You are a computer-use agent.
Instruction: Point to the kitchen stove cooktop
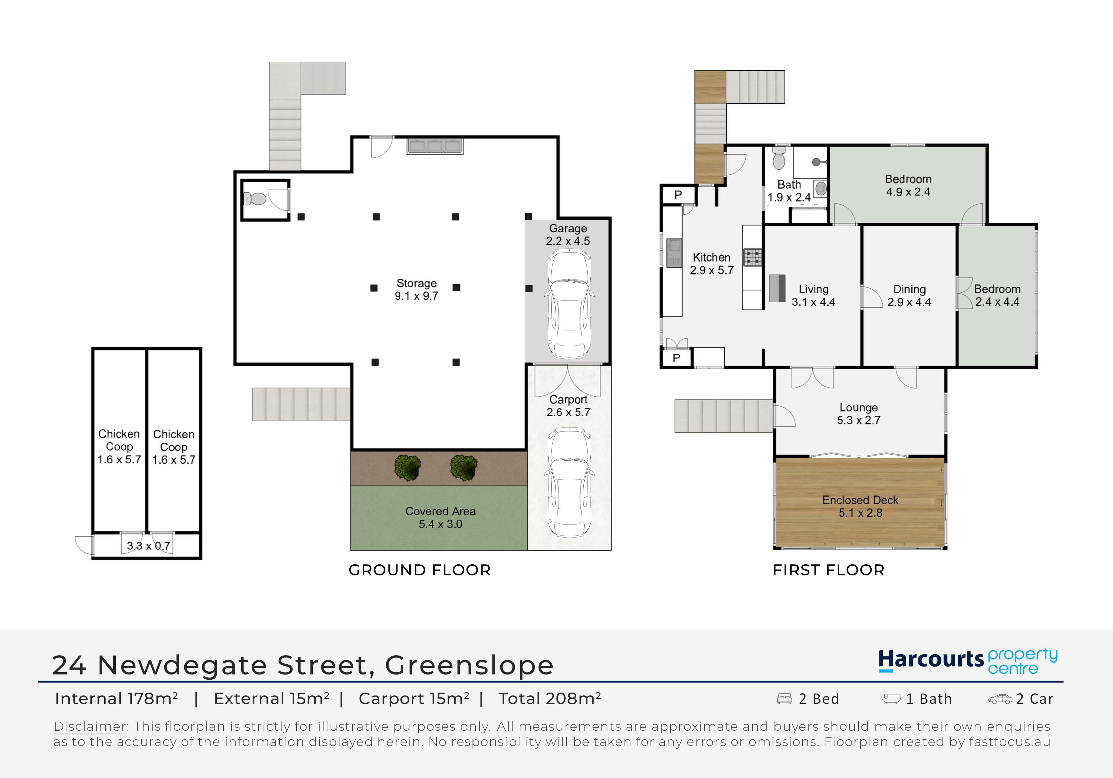[753, 257]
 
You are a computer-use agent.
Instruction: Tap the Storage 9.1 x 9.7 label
[416, 290]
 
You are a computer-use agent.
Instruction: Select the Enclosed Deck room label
[860, 506]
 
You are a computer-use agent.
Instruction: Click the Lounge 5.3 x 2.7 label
[859, 414]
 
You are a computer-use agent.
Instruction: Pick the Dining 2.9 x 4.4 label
[909, 296]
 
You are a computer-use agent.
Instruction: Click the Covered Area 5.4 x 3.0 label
[440, 517]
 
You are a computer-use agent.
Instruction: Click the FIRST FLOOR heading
[829, 570]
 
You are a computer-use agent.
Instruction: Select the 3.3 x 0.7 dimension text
[148, 546]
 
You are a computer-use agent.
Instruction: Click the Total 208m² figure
[550, 698]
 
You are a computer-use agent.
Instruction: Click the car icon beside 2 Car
[1000, 699]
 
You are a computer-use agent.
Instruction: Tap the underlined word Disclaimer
[90, 726]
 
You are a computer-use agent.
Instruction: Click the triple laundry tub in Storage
[435, 146]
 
